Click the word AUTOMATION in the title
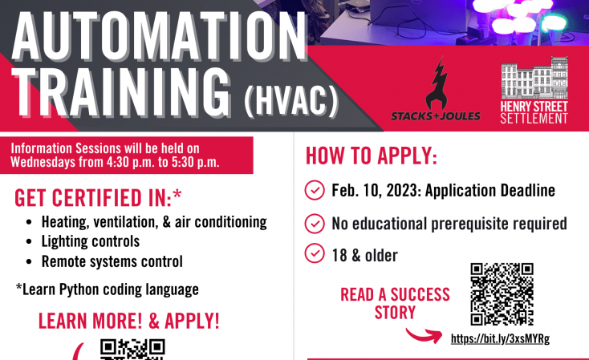(x=160, y=36)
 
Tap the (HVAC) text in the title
(x=291, y=100)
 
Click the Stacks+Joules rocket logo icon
(x=436, y=83)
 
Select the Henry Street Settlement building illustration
(x=534, y=78)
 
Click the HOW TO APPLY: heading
(x=372, y=156)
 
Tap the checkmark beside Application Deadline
(x=315, y=190)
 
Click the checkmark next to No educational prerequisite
(x=315, y=224)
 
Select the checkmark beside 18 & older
(x=315, y=253)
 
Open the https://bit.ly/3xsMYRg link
(x=501, y=338)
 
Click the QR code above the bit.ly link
(x=502, y=294)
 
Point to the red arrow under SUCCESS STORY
(x=424, y=335)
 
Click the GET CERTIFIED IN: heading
(x=98, y=198)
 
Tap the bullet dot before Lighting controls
(x=30, y=242)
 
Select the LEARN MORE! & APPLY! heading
(x=129, y=321)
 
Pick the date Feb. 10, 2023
(x=376, y=190)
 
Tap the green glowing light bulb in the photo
(x=554, y=21)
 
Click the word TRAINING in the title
(x=121, y=92)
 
